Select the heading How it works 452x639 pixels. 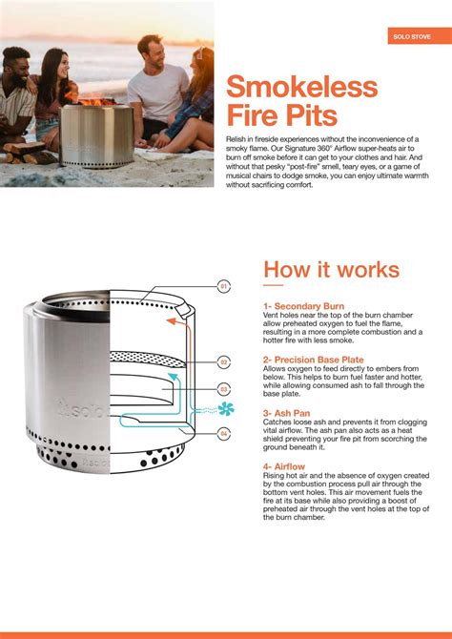tap(331, 268)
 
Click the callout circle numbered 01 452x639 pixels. tap(224, 286)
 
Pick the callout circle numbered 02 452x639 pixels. tap(224, 362)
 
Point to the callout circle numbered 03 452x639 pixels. tap(224, 389)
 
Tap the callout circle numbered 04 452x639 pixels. tap(224, 434)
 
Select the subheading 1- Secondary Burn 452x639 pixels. tap(303, 307)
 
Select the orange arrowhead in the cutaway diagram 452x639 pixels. tap(171, 321)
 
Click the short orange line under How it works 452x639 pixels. tap(273, 284)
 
